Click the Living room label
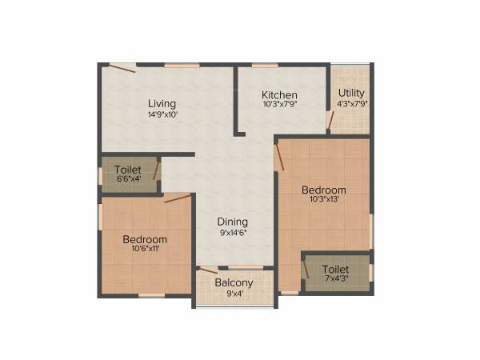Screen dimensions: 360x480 162,103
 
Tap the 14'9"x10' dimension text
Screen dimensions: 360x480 162,114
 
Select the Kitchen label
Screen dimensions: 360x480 280,94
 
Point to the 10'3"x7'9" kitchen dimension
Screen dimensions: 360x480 280,104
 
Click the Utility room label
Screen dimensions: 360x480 351,93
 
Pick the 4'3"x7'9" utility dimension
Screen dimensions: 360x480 351,103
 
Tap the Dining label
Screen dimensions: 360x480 234,222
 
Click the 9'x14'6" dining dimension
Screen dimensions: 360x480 234,232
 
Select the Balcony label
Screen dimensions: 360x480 234,282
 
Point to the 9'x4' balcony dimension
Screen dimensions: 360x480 234,294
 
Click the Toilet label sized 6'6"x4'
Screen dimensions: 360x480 128,170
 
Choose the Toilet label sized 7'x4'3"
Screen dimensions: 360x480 336,270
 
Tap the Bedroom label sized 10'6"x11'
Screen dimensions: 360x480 145,239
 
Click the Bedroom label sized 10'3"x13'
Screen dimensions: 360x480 323,190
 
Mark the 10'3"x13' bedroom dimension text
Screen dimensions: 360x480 323,200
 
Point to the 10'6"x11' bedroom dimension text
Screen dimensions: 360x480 145,249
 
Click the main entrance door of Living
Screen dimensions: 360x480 122,68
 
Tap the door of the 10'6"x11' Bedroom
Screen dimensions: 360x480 177,198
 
